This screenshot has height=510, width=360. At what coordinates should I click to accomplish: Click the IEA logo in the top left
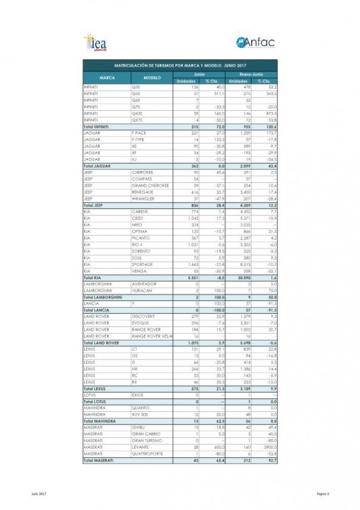(x=98, y=43)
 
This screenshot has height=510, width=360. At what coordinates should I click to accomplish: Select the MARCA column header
(x=107, y=77)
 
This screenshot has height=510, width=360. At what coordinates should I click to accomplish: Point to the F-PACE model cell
(x=140, y=133)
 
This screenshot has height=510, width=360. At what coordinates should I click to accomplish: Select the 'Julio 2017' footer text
(x=39, y=493)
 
